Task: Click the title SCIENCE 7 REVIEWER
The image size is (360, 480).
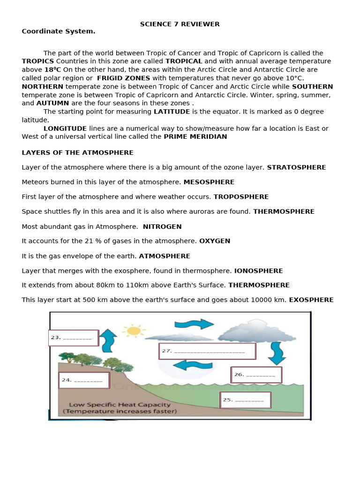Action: point(180,24)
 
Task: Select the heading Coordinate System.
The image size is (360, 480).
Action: point(58,31)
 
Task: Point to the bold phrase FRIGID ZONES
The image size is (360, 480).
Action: point(123,78)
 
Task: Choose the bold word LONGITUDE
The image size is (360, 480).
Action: point(65,128)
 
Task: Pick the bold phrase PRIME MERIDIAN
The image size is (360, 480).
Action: point(195,136)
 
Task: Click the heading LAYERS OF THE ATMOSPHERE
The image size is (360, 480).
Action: point(77,153)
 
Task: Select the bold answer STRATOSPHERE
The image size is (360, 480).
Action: point(296,167)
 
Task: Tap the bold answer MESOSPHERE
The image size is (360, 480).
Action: point(209,182)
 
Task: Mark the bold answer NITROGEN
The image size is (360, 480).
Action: point(162,226)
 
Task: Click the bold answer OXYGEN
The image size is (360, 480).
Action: point(215,241)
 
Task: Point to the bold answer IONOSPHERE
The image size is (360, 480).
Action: point(258,270)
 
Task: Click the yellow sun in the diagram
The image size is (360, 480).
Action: point(134,330)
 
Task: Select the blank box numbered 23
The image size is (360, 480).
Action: point(74,337)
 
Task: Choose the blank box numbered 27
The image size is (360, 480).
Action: point(207,351)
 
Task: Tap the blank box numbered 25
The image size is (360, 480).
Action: point(246,400)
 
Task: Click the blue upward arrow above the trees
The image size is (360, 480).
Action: point(109,340)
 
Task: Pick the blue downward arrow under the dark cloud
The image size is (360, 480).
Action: point(276,352)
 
